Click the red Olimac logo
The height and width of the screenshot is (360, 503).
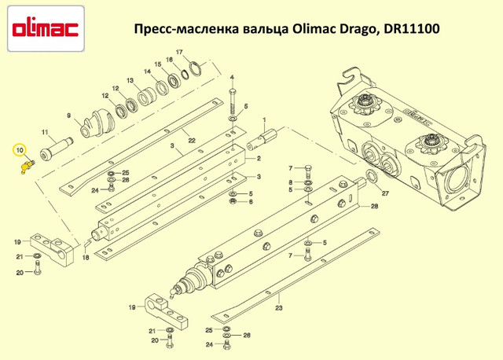coord(46,29)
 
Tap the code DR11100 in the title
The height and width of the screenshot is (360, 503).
coord(412,29)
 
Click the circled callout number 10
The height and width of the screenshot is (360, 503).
coord(20,150)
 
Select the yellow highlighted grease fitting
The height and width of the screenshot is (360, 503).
coord(27,167)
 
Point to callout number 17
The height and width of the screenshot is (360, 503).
coord(179,52)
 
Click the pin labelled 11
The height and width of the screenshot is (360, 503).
coord(56,148)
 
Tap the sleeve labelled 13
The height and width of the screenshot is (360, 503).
coord(146,96)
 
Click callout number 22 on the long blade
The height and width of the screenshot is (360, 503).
coord(192,141)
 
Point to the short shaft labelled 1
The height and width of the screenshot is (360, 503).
coord(262,140)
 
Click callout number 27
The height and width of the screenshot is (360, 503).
coord(385,193)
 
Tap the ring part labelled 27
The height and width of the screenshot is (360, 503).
coord(372,176)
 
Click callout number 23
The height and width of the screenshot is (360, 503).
coord(279,308)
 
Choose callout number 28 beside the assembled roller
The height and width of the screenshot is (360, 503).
coord(374,206)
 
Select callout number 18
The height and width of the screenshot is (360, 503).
coord(86,257)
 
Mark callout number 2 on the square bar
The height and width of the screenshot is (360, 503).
coord(259,158)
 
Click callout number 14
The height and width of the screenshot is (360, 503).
coord(147,72)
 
